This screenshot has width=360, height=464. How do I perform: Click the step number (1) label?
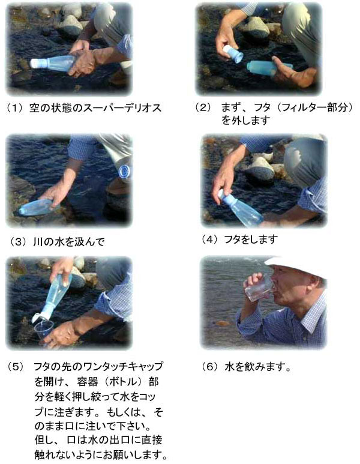15,107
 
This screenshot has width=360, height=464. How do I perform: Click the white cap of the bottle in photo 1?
37,63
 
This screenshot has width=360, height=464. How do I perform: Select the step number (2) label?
203,107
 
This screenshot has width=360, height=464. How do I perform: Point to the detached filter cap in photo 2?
233,53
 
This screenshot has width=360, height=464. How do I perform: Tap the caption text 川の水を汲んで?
68,242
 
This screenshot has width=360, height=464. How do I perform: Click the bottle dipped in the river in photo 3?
37,207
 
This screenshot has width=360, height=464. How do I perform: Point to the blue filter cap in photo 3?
124,171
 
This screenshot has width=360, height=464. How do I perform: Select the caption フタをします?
251,239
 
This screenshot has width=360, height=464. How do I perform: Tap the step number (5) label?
16,366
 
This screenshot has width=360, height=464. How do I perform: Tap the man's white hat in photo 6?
296,267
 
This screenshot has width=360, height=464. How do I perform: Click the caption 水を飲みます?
257,367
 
